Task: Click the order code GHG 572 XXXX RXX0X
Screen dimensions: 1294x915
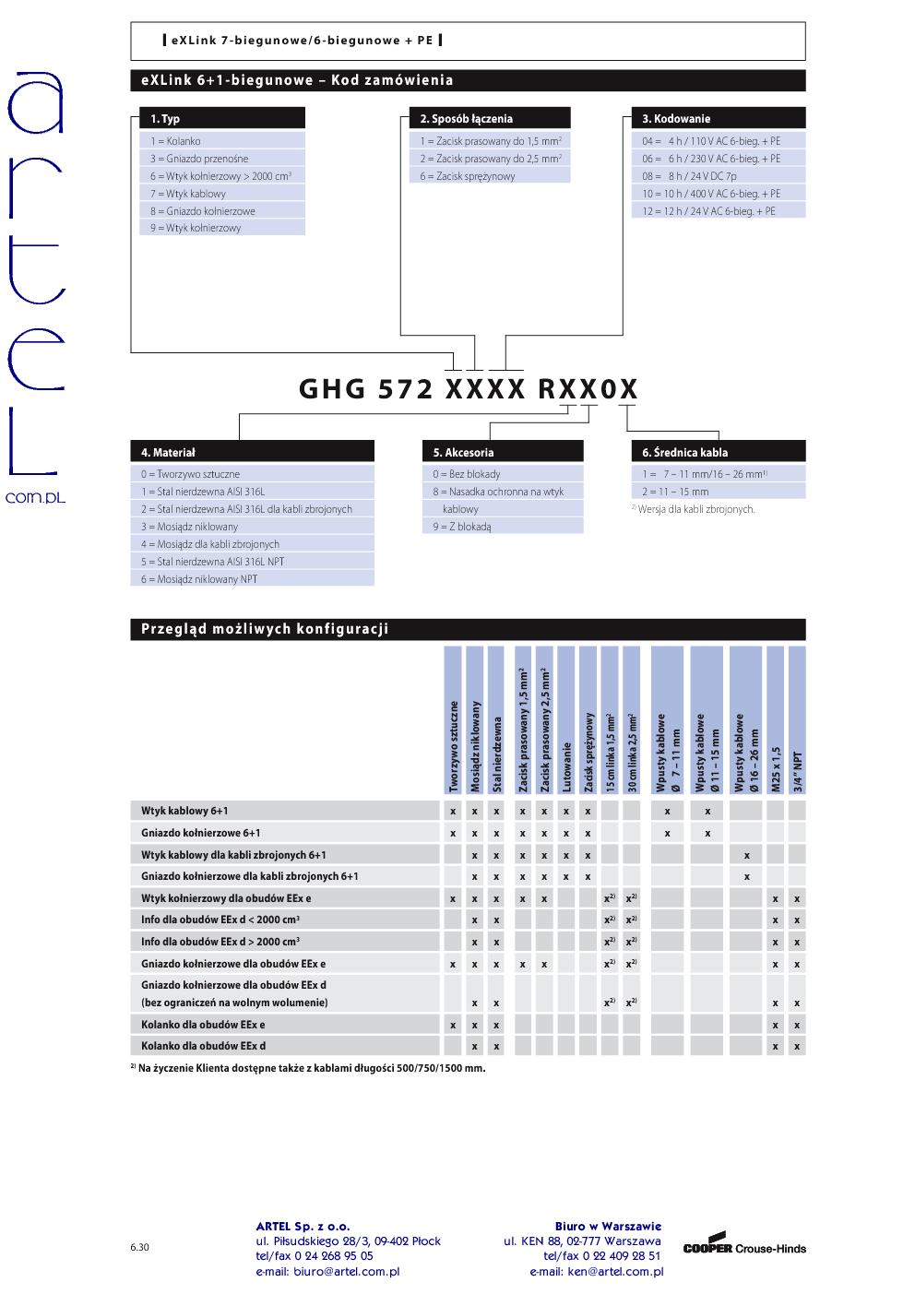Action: [468, 389]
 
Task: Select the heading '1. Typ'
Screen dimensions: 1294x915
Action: [165, 119]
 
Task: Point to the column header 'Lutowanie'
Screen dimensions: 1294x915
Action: [565, 766]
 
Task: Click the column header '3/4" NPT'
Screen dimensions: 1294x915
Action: [797, 770]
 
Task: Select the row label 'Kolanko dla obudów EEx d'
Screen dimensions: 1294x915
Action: [203, 1046]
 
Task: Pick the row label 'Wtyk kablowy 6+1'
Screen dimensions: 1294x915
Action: [184, 811]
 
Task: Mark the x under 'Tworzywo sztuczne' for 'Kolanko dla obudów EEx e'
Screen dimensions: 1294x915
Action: [453, 1025]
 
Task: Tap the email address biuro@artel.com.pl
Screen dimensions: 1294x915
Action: [327, 1271]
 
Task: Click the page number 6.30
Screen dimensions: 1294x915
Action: [139, 1248]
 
